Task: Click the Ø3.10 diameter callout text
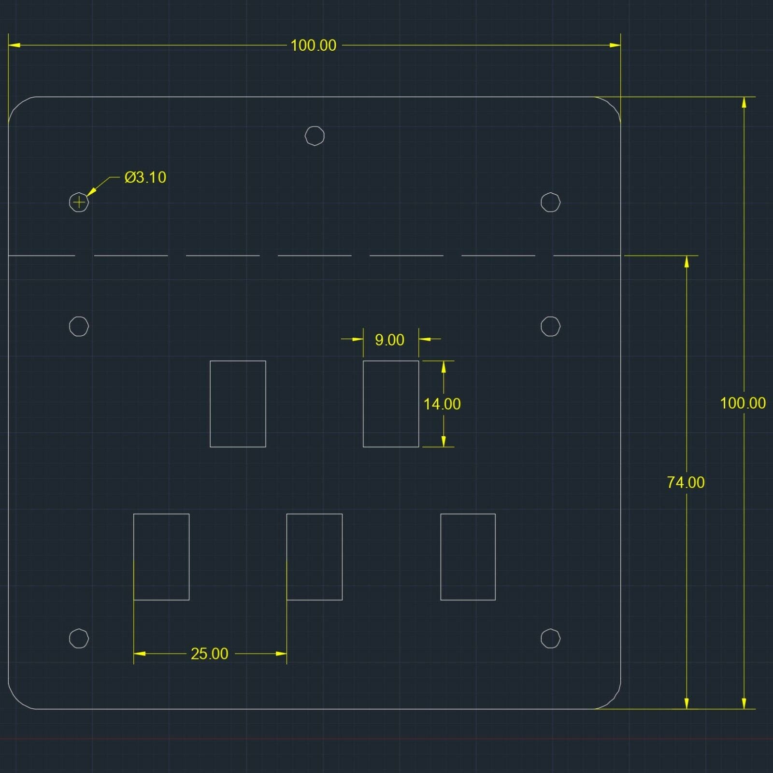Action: [x=145, y=177]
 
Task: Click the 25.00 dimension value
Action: [x=209, y=654]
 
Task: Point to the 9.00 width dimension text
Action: [x=389, y=340]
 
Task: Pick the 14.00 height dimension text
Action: [x=442, y=404]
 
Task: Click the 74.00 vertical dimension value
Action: [x=686, y=482]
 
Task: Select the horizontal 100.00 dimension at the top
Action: [x=313, y=45]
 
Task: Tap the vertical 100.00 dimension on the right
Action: [x=743, y=403]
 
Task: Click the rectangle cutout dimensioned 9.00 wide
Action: [x=363, y=404]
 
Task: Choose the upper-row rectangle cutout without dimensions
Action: [x=210, y=404]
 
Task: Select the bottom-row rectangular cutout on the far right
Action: [x=441, y=557]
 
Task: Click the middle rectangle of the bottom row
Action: [x=287, y=557]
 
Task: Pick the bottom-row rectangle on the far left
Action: [x=134, y=557]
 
